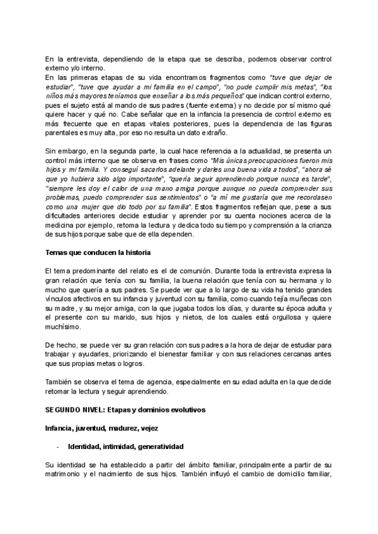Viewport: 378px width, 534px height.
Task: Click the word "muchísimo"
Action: [x=64, y=327]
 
